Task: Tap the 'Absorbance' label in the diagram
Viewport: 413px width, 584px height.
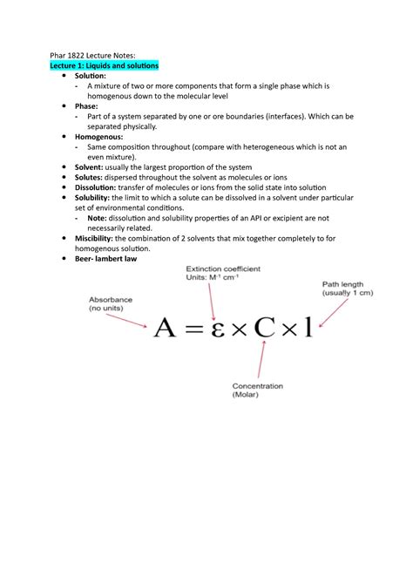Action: [x=111, y=299]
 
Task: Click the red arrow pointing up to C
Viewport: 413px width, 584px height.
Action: [x=262, y=361]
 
